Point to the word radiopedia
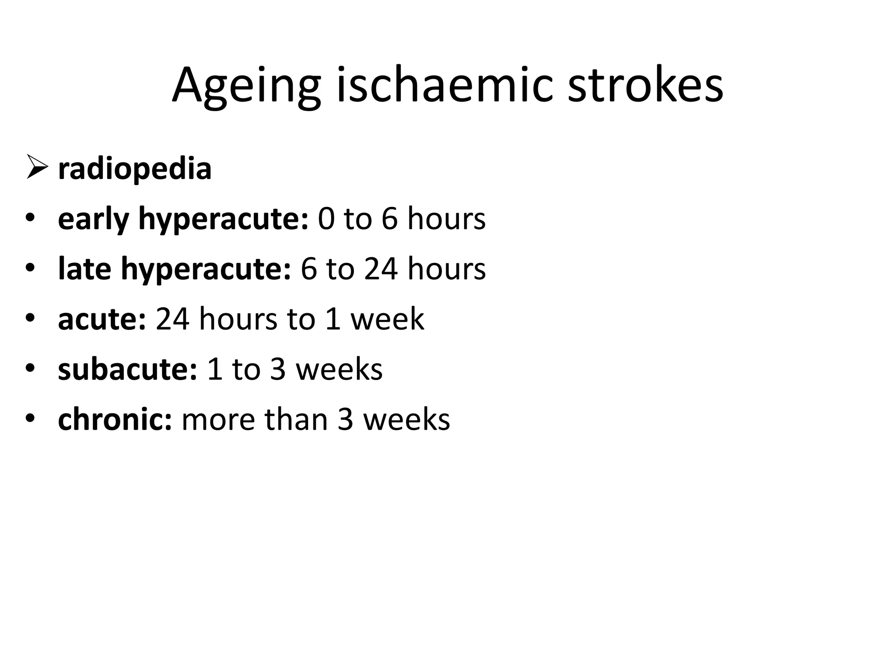(x=134, y=169)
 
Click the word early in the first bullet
(x=93, y=219)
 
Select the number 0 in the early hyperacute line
(x=326, y=218)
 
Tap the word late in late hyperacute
(x=84, y=269)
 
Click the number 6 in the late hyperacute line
(x=308, y=269)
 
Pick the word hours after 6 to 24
(x=446, y=269)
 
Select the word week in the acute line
(x=387, y=319)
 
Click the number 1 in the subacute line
(x=215, y=369)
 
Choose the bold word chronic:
(x=115, y=419)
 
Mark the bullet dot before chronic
(x=30, y=418)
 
